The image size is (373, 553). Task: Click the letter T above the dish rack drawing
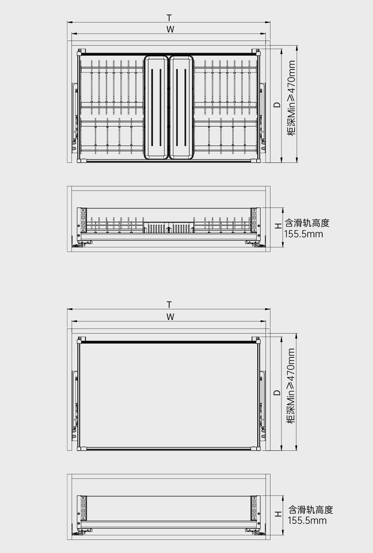pyautogui.click(x=169, y=18)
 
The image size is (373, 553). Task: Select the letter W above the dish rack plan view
pyautogui.click(x=170, y=29)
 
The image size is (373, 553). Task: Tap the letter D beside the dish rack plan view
pyautogui.click(x=277, y=105)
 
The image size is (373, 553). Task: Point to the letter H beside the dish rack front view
pyautogui.click(x=278, y=226)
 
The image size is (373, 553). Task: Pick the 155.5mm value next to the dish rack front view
pyautogui.click(x=304, y=234)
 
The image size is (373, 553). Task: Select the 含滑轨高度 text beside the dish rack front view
pyautogui.click(x=307, y=223)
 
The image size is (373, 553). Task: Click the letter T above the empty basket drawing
pyautogui.click(x=169, y=305)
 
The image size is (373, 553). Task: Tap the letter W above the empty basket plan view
pyautogui.click(x=170, y=317)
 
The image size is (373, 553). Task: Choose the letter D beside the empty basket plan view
pyautogui.click(x=277, y=393)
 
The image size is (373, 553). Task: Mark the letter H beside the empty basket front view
pyautogui.click(x=278, y=514)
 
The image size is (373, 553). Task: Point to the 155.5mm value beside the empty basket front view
pyautogui.click(x=307, y=521)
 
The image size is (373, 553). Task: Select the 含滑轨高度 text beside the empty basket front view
pyautogui.click(x=310, y=509)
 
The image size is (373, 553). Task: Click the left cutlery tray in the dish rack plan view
pyautogui.click(x=156, y=107)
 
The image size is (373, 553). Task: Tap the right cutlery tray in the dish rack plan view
pyautogui.click(x=181, y=107)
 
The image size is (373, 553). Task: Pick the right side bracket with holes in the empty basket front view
pyautogui.click(x=254, y=507)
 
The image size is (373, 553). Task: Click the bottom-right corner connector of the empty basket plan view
pyautogui.click(x=256, y=448)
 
